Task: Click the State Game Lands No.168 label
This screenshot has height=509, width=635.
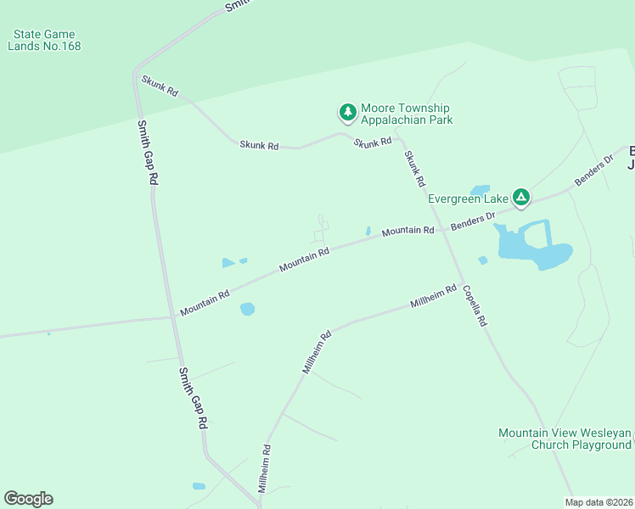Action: point(44,40)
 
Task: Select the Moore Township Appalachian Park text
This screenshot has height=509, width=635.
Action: point(406,114)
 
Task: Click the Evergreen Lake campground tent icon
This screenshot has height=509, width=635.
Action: point(521,199)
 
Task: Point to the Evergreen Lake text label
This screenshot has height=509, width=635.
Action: point(467,199)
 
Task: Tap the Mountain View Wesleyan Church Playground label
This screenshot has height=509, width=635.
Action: point(565,439)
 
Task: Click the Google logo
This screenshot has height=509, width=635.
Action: point(28,499)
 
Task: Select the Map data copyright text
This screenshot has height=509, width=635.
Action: point(598,502)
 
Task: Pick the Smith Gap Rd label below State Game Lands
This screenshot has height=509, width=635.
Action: point(147,153)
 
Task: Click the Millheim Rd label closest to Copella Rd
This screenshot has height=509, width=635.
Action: point(433,296)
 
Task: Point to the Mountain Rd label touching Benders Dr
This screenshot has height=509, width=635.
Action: point(407,231)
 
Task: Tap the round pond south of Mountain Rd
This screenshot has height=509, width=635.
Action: point(247,309)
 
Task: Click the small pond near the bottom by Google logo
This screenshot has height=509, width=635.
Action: point(199,486)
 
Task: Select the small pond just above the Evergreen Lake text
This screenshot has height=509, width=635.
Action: point(480,189)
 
